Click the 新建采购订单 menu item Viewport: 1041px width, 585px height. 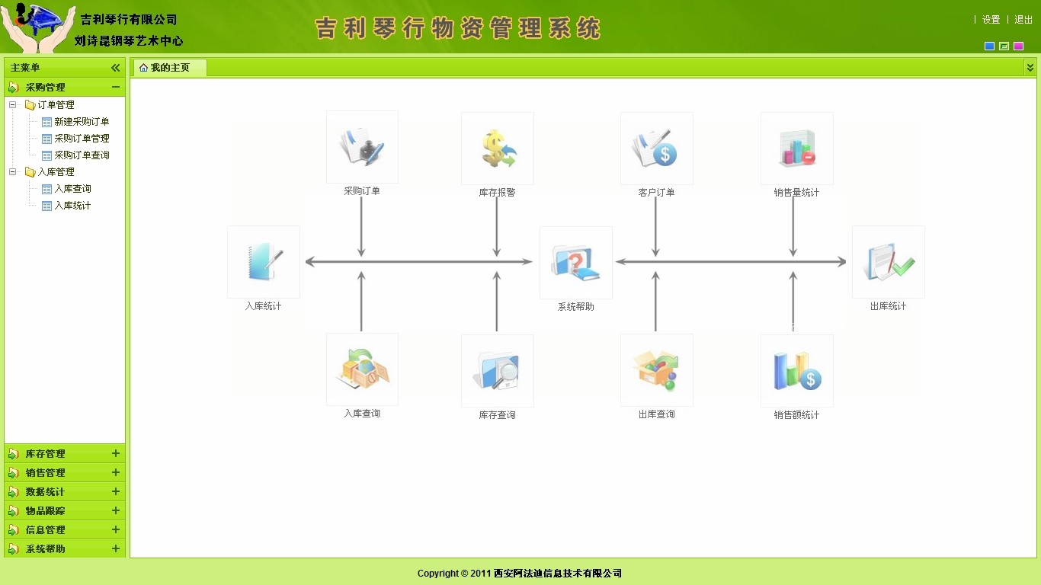(x=82, y=122)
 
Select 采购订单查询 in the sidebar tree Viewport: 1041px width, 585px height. (x=82, y=155)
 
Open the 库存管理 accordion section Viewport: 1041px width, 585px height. (x=45, y=453)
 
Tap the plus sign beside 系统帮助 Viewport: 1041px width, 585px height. (x=116, y=548)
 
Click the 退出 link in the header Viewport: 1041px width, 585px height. (x=1023, y=20)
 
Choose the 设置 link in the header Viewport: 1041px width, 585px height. (x=991, y=20)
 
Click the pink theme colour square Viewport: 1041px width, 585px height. (x=1018, y=46)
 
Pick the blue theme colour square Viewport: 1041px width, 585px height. (x=989, y=46)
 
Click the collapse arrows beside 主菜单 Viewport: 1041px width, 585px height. (x=115, y=68)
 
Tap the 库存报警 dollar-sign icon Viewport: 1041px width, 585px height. (x=498, y=149)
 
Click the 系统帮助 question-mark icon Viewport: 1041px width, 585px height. (x=575, y=263)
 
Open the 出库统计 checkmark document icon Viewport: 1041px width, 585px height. (x=889, y=261)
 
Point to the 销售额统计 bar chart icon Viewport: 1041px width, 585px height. (x=797, y=371)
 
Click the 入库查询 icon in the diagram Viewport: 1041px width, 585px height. (x=363, y=369)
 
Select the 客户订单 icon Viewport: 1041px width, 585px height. (x=656, y=149)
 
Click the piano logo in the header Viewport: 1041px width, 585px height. (x=38, y=27)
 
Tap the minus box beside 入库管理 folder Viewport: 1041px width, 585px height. (x=13, y=172)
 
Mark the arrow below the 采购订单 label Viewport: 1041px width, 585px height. (x=361, y=227)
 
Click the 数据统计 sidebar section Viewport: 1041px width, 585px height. (x=45, y=491)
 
